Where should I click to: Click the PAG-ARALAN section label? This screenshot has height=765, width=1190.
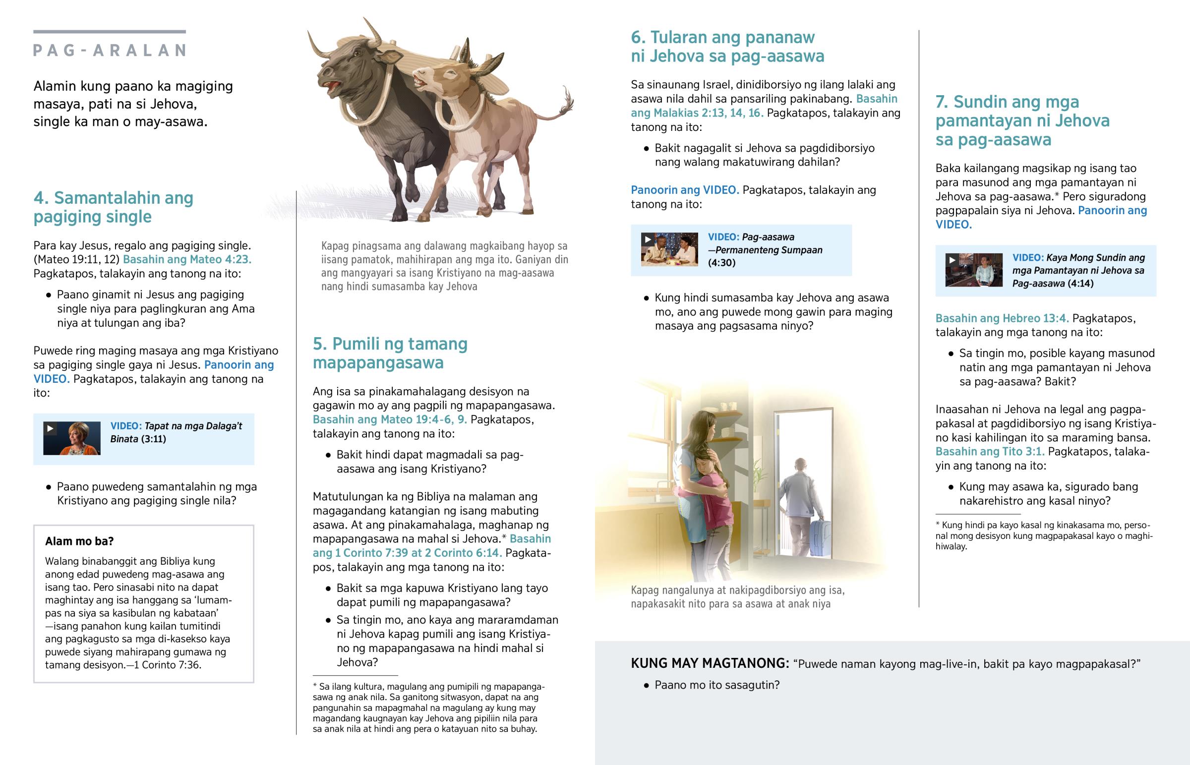(109, 50)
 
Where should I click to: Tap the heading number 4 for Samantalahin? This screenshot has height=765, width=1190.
(41, 198)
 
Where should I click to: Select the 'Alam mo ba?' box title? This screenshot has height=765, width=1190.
(79, 541)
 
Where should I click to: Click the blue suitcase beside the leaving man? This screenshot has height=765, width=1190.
(820, 537)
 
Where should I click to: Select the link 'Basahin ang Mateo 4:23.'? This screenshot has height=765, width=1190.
(187, 259)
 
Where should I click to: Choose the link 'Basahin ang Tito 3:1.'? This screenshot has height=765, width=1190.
(989, 452)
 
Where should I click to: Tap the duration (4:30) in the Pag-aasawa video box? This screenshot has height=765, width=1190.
(721, 263)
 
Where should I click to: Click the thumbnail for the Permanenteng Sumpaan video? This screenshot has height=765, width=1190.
(669, 249)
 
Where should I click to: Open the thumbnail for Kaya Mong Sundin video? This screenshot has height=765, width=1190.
(973, 270)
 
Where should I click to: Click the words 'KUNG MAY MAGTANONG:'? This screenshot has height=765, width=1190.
(710, 663)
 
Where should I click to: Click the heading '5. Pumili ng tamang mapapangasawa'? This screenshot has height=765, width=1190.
(390, 353)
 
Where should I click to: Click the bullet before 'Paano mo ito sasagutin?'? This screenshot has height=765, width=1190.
(646, 686)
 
